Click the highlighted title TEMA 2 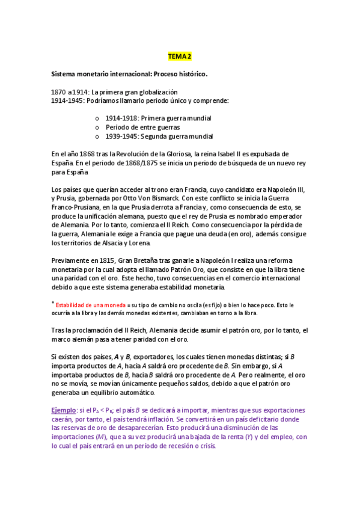click(180, 57)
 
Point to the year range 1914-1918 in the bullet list click(121, 118)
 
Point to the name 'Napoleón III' click(288, 189)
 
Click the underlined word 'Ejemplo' click(63, 410)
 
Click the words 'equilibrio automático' click(125, 392)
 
